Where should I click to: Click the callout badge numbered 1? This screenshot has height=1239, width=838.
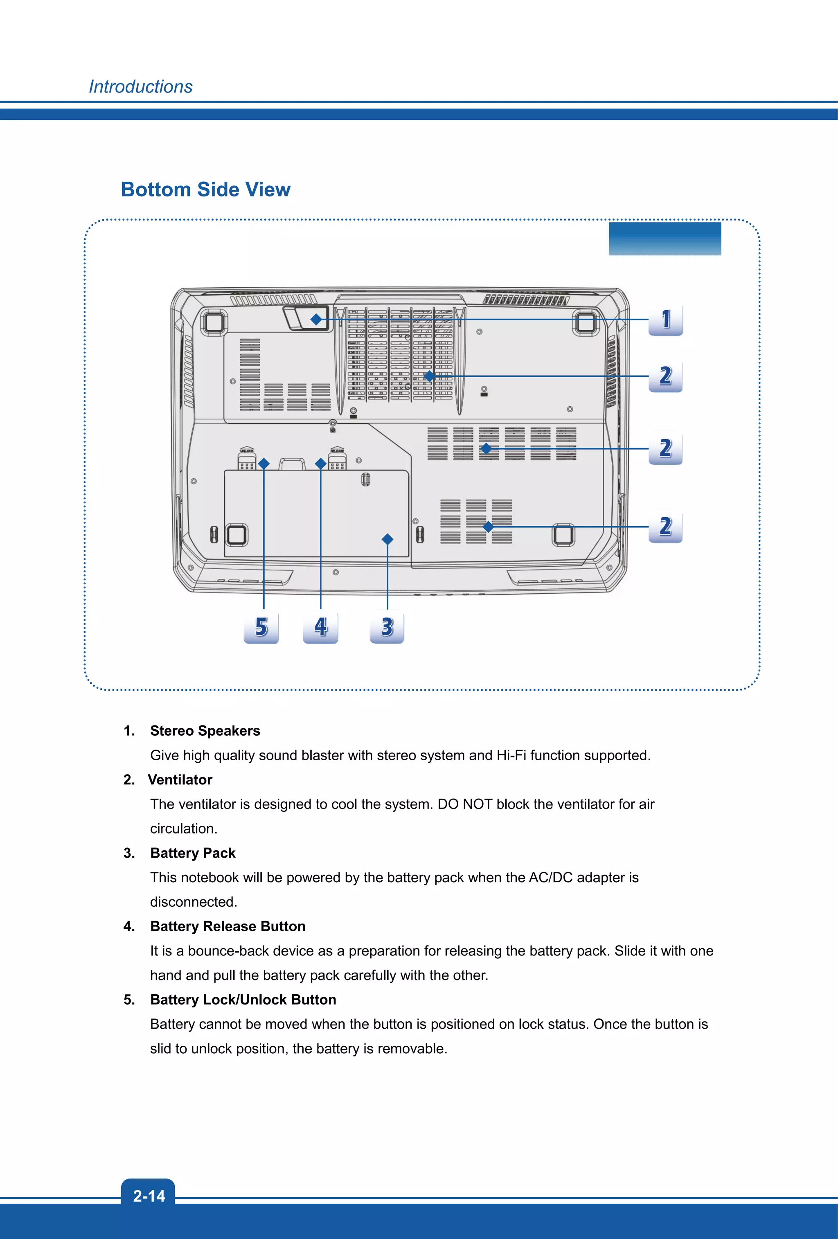click(665, 320)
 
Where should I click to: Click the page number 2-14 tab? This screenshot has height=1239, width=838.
click(149, 1196)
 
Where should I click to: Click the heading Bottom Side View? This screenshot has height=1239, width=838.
click(206, 190)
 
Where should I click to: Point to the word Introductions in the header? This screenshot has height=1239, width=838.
click(141, 87)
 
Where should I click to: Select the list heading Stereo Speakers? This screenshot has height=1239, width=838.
click(205, 730)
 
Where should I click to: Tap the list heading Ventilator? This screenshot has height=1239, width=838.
click(180, 779)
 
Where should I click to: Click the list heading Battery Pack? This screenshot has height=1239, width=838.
click(193, 853)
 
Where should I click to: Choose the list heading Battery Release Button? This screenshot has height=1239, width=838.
click(228, 926)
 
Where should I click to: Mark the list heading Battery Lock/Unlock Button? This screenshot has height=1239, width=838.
click(243, 1000)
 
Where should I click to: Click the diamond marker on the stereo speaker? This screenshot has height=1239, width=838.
click(316, 319)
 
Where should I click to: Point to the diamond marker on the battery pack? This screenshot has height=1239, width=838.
click(387, 540)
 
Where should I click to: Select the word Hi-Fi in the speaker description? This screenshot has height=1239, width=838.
click(511, 755)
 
